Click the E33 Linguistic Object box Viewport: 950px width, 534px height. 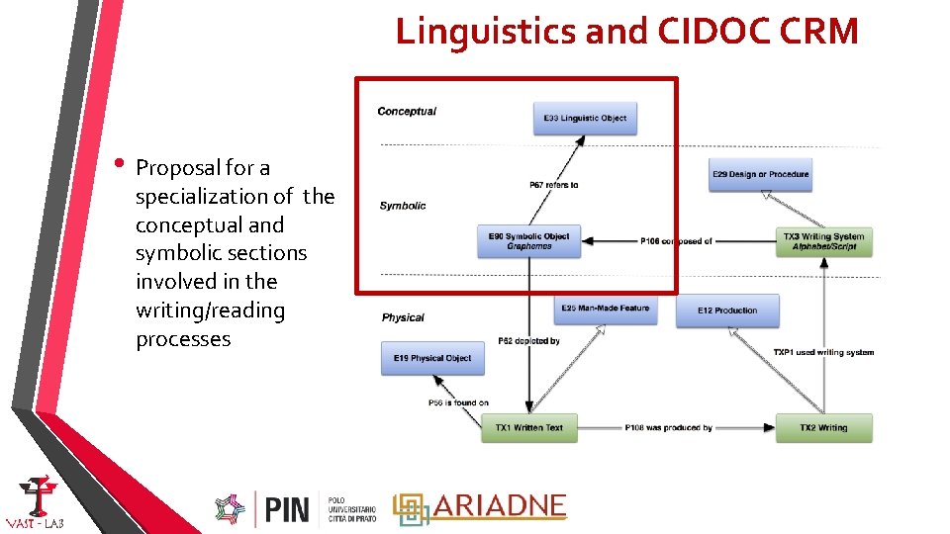pos(585,118)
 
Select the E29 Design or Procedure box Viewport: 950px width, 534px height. pos(760,175)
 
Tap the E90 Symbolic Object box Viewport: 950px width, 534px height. pos(528,241)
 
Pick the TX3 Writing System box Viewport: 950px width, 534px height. pos(824,241)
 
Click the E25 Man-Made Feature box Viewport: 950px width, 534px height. pos(605,309)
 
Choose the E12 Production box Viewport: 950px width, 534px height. pos(727,311)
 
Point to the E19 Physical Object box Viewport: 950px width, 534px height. pos(432,358)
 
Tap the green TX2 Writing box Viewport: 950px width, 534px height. pos(823,428)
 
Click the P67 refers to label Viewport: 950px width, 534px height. pos(554,185)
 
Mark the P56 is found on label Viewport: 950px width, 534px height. pos(458,402)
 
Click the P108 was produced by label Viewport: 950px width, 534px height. pos(668,428)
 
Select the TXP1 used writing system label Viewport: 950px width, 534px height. pos(823,352)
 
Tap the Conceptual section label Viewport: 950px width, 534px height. pos(407,112)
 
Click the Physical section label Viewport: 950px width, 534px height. pos(403,317)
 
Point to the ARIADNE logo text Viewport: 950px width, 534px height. pos(499,506)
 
